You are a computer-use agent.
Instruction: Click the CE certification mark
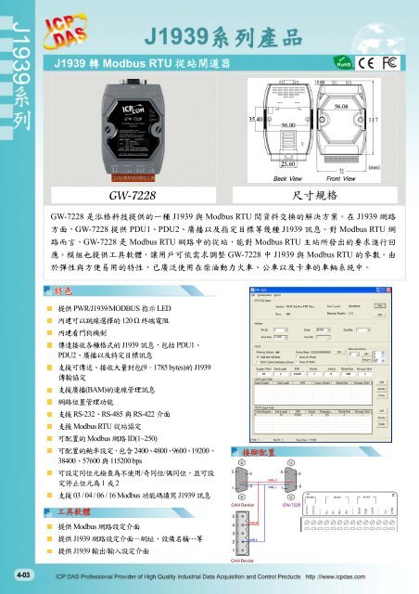click(x=370, y=63)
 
